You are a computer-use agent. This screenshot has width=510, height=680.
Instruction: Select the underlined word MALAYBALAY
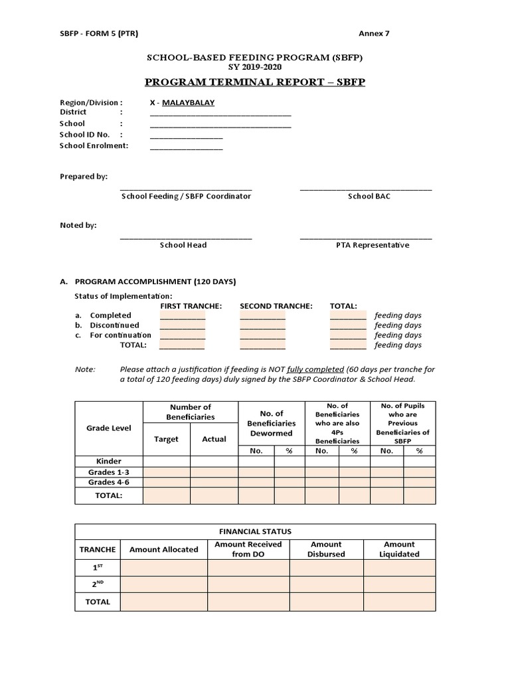tap(189, 103)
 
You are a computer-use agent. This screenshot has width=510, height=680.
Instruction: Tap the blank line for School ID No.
tap(186, 137)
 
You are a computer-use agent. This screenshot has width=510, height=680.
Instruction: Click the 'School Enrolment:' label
tap(94, 145)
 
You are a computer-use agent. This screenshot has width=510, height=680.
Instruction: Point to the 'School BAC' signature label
tap(369, 197)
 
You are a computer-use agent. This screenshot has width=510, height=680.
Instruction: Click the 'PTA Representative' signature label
tap(373, 245)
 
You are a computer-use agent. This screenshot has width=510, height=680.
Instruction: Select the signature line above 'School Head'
tap(186, 238)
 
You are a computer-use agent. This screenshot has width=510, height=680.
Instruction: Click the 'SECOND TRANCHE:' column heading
tap(276, 306)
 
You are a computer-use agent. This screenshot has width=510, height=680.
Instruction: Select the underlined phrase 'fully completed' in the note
tap(315, 369)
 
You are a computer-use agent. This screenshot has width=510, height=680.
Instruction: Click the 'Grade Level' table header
tap(109, 428)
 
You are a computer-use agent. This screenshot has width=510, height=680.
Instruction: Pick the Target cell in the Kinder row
tap(166, 462)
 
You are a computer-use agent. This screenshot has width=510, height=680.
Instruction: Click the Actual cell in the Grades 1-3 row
tap(214, 472)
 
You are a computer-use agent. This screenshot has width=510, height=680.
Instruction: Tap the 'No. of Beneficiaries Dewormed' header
tap(271, 423)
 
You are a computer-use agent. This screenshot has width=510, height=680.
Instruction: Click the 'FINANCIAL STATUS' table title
tap(255, 532)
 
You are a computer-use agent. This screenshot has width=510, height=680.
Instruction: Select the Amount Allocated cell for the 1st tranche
tap(163, 568)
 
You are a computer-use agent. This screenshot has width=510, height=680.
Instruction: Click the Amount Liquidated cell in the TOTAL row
tap(399, 602)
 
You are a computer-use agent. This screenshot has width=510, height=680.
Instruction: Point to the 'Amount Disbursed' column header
tap(326, 549)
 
